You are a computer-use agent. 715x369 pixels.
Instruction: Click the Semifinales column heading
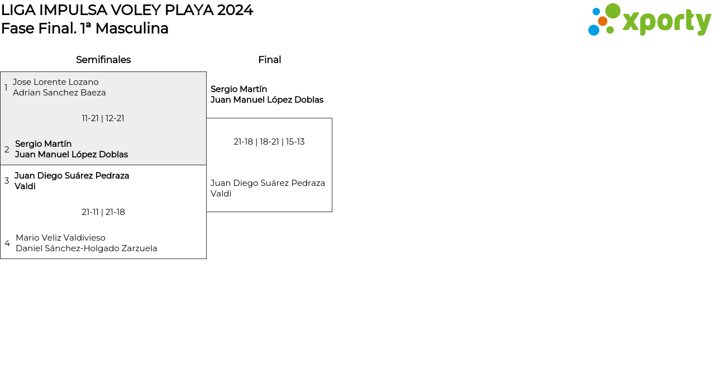click(x=103, y=60)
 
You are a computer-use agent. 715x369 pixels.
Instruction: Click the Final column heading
click(x=269, y=60)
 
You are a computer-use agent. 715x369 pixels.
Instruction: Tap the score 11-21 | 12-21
click(x=103, y=118)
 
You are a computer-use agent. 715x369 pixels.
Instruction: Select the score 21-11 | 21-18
click(x=103, y=212)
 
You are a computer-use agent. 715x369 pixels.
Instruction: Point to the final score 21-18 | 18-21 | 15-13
click(x=269, y=142)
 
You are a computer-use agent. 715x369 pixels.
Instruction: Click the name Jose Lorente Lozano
click(x=56, y=82)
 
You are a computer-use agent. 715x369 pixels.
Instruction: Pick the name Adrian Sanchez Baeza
click(x=59, y=93)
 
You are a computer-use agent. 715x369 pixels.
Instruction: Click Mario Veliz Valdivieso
click(x=60, y=238)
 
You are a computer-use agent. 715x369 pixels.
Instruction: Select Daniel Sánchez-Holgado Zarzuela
click(x=87, y=248)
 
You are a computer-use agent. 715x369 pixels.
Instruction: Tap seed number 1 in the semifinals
click(x=6, y=88)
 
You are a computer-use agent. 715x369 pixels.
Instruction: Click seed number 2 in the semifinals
click(x=7, y=150)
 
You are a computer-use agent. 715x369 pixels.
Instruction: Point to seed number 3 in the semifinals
click(x=7, y=181)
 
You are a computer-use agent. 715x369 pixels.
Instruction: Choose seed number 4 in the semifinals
click(x=7, y=243)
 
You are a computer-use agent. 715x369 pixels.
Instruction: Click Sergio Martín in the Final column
click(x=239, y=89)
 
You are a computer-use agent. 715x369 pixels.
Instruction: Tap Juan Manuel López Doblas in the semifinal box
click(x=71, y=155)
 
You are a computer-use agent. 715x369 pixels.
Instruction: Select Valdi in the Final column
click(x=221, y=194)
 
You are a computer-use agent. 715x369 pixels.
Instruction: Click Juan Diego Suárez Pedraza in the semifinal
click(x=72, y=176)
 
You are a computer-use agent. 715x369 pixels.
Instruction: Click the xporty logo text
click(x=666, y=22)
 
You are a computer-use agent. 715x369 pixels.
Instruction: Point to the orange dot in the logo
click(x=602, y=21)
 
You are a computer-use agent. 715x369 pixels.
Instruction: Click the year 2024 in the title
click(x=235, y=10)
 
